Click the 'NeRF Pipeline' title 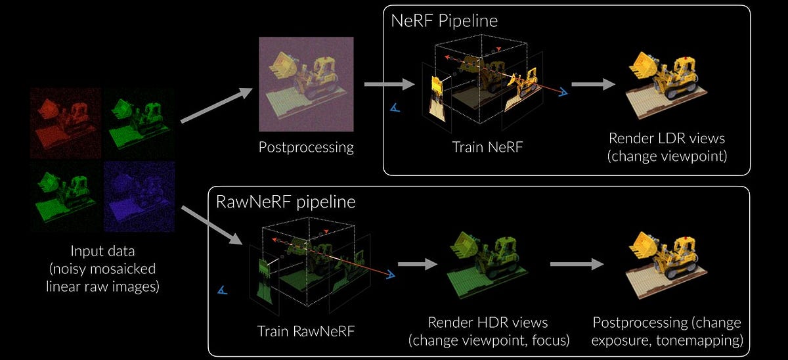click(444, 20)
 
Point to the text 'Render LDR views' click(665, 139)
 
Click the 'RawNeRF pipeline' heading click(286, 201)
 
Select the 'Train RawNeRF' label click(305, 331)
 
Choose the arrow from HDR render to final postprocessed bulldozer click(576, 264)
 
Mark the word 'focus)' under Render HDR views click(548, 340)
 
